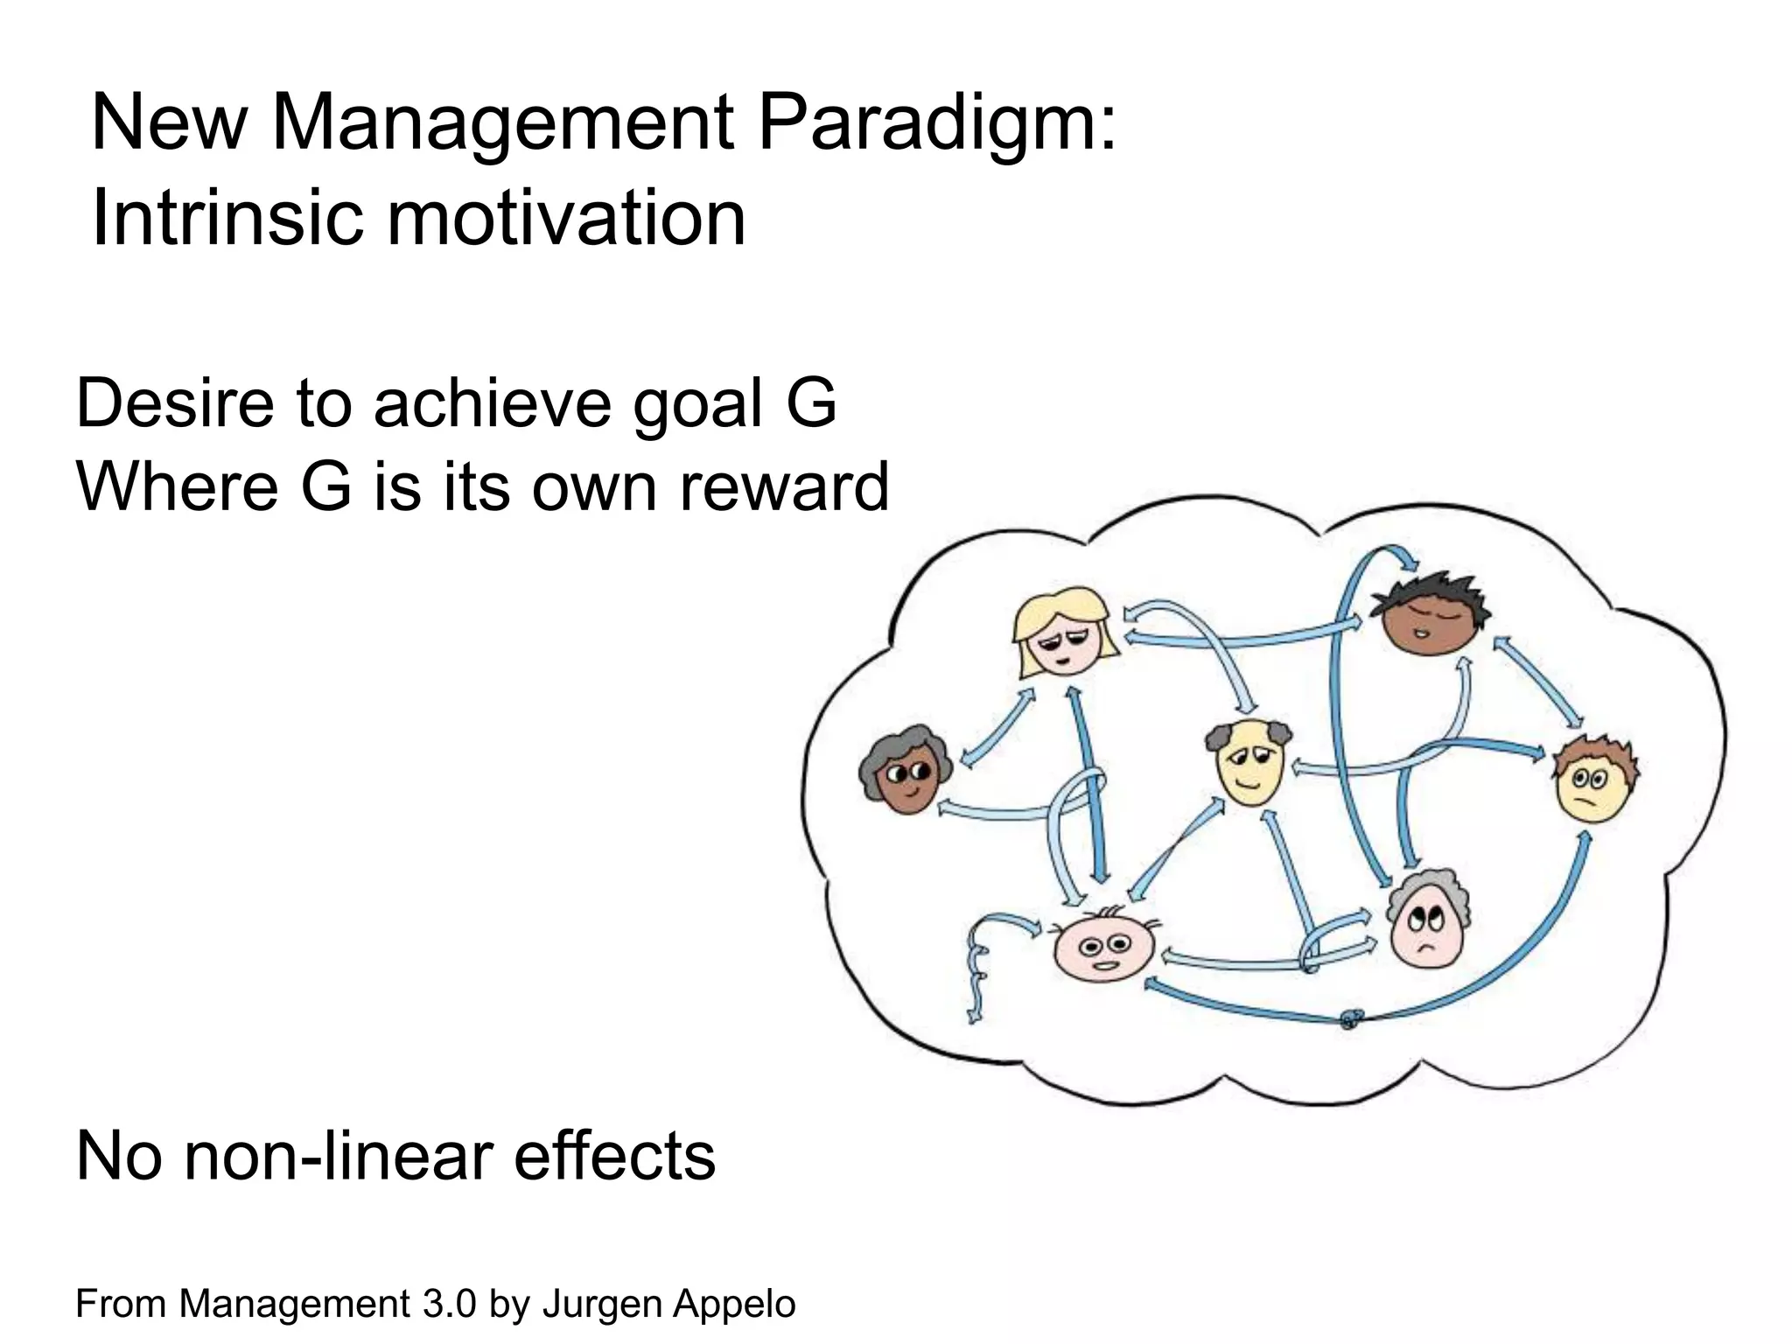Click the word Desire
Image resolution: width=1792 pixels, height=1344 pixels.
tap(173, 403)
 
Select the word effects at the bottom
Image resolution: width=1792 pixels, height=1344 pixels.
tap(614, 1156)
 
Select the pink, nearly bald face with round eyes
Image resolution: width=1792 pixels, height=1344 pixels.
tap(1104, 950)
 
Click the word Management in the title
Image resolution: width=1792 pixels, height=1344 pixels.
tap(500, 124)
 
